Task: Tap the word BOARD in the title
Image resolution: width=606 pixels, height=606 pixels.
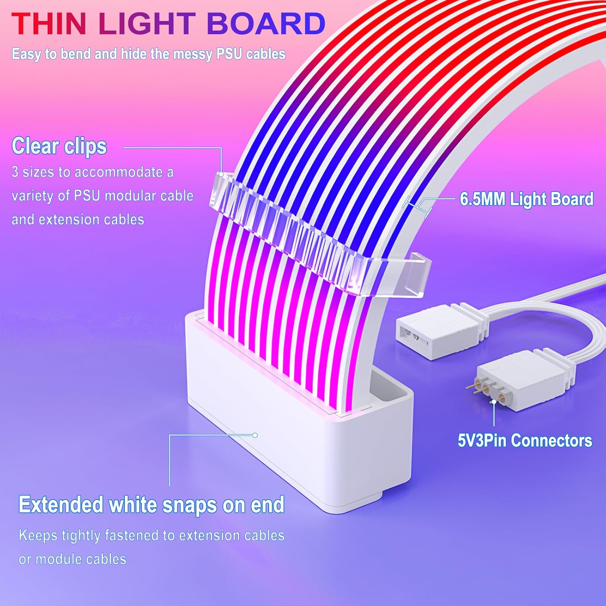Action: tap(266, 24)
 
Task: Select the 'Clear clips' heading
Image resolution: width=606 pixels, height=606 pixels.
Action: tap(59, 146)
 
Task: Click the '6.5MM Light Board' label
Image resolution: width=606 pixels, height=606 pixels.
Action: tap(526, 199)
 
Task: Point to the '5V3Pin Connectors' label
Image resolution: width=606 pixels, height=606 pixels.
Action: tap(525, 440)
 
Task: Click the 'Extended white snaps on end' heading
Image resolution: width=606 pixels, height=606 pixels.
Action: tap(151, 505)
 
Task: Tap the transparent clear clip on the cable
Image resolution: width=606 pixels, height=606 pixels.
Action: tap(319, 238)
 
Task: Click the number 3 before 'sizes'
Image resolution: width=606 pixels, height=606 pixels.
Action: tap(15, 172)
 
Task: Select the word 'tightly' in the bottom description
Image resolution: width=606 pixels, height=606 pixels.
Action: tap(81, 536)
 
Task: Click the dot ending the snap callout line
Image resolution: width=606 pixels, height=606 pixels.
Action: tap(255, 435)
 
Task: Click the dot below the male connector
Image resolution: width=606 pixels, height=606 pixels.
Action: tap(494, 402)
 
